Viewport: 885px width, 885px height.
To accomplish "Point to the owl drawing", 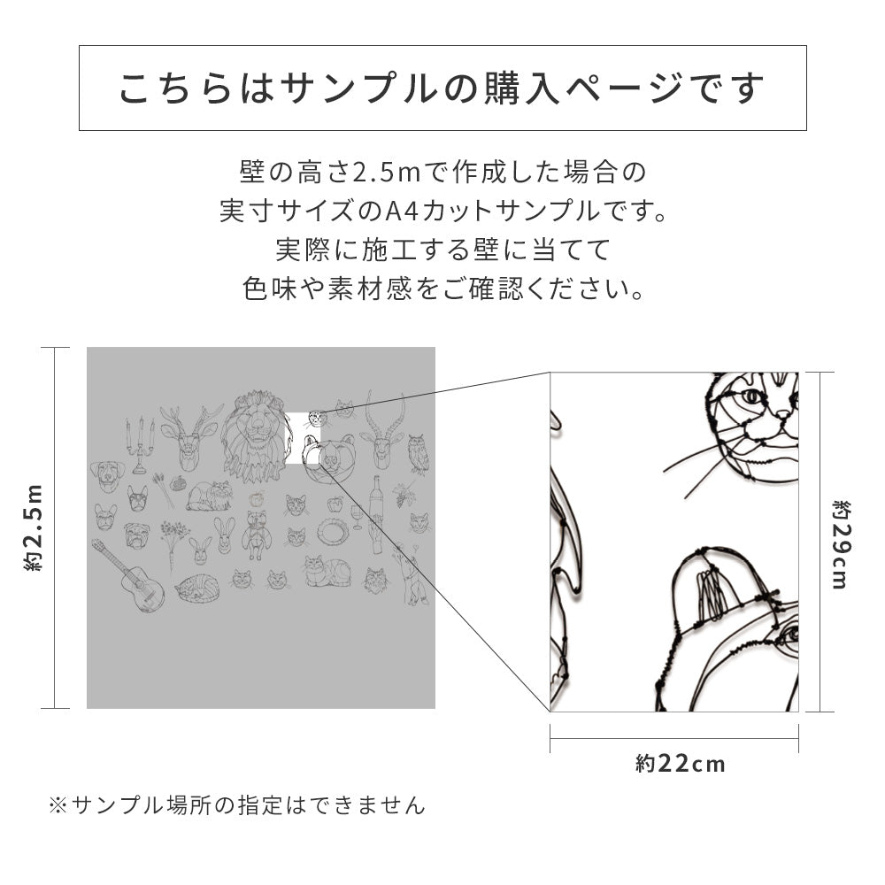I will pos(419,452).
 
